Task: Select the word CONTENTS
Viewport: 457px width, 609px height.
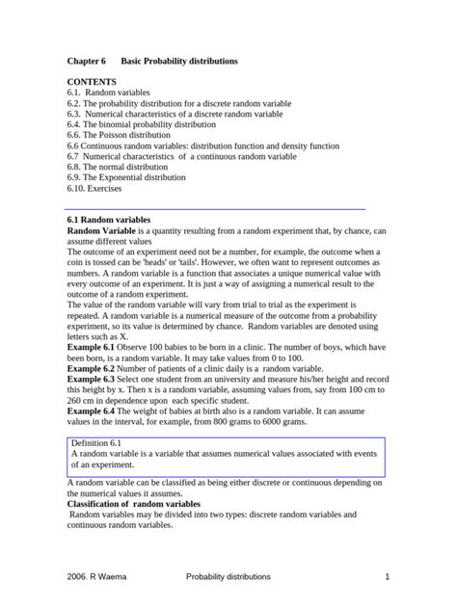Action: pyautogui.click(x=92, y=83)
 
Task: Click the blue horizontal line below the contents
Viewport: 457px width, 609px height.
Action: pyautogui.click(x=216, y=208)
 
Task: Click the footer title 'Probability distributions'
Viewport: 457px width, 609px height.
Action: pyautogui.click(x=228, y=576)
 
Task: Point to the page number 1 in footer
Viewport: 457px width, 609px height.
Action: pyautogui.click(x=386, y=576)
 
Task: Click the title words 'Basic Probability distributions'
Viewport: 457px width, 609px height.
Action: pyautogui.click(x=179, y=61)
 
